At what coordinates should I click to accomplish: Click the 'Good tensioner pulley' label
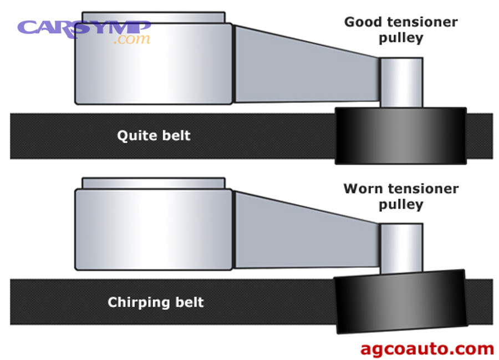point(401,30)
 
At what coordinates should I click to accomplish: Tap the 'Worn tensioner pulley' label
point(401,196)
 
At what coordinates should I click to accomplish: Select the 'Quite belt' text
point(154,135)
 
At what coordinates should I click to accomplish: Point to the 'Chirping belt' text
point(156,302)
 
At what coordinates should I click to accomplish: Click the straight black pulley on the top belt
point(400,135)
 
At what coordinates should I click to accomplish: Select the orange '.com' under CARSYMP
point(131,40)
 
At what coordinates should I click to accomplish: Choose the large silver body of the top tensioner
point(154,63)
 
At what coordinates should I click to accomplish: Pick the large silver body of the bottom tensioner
point(154,229)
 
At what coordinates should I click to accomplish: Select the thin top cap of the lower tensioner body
point(154,183)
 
